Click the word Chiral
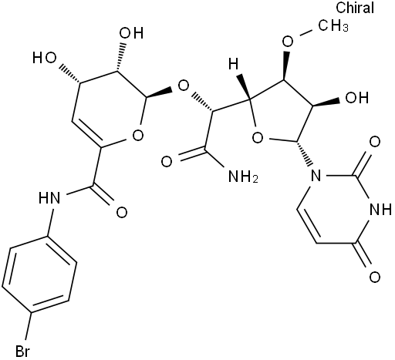point(355,8)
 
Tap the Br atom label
point(22,351)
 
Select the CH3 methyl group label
point(333,26)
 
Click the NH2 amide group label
point(243,177)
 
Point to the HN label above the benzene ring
point(49,198)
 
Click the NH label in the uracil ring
point(380,210)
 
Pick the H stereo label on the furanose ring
point(234,64)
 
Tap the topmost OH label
point(131,33)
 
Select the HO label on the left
point(44,58)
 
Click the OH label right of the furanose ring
point(357,98)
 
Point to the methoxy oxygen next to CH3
point(288,42)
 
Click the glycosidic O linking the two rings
point(184,86)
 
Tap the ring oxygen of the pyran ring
point(137,135)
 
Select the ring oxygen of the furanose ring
point(258,138)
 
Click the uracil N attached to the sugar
point(316,176)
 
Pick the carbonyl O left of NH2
point(167,162)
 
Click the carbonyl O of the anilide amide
point(122,213)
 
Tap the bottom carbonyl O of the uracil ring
point(374,277)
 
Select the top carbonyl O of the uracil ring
point(374,142)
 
